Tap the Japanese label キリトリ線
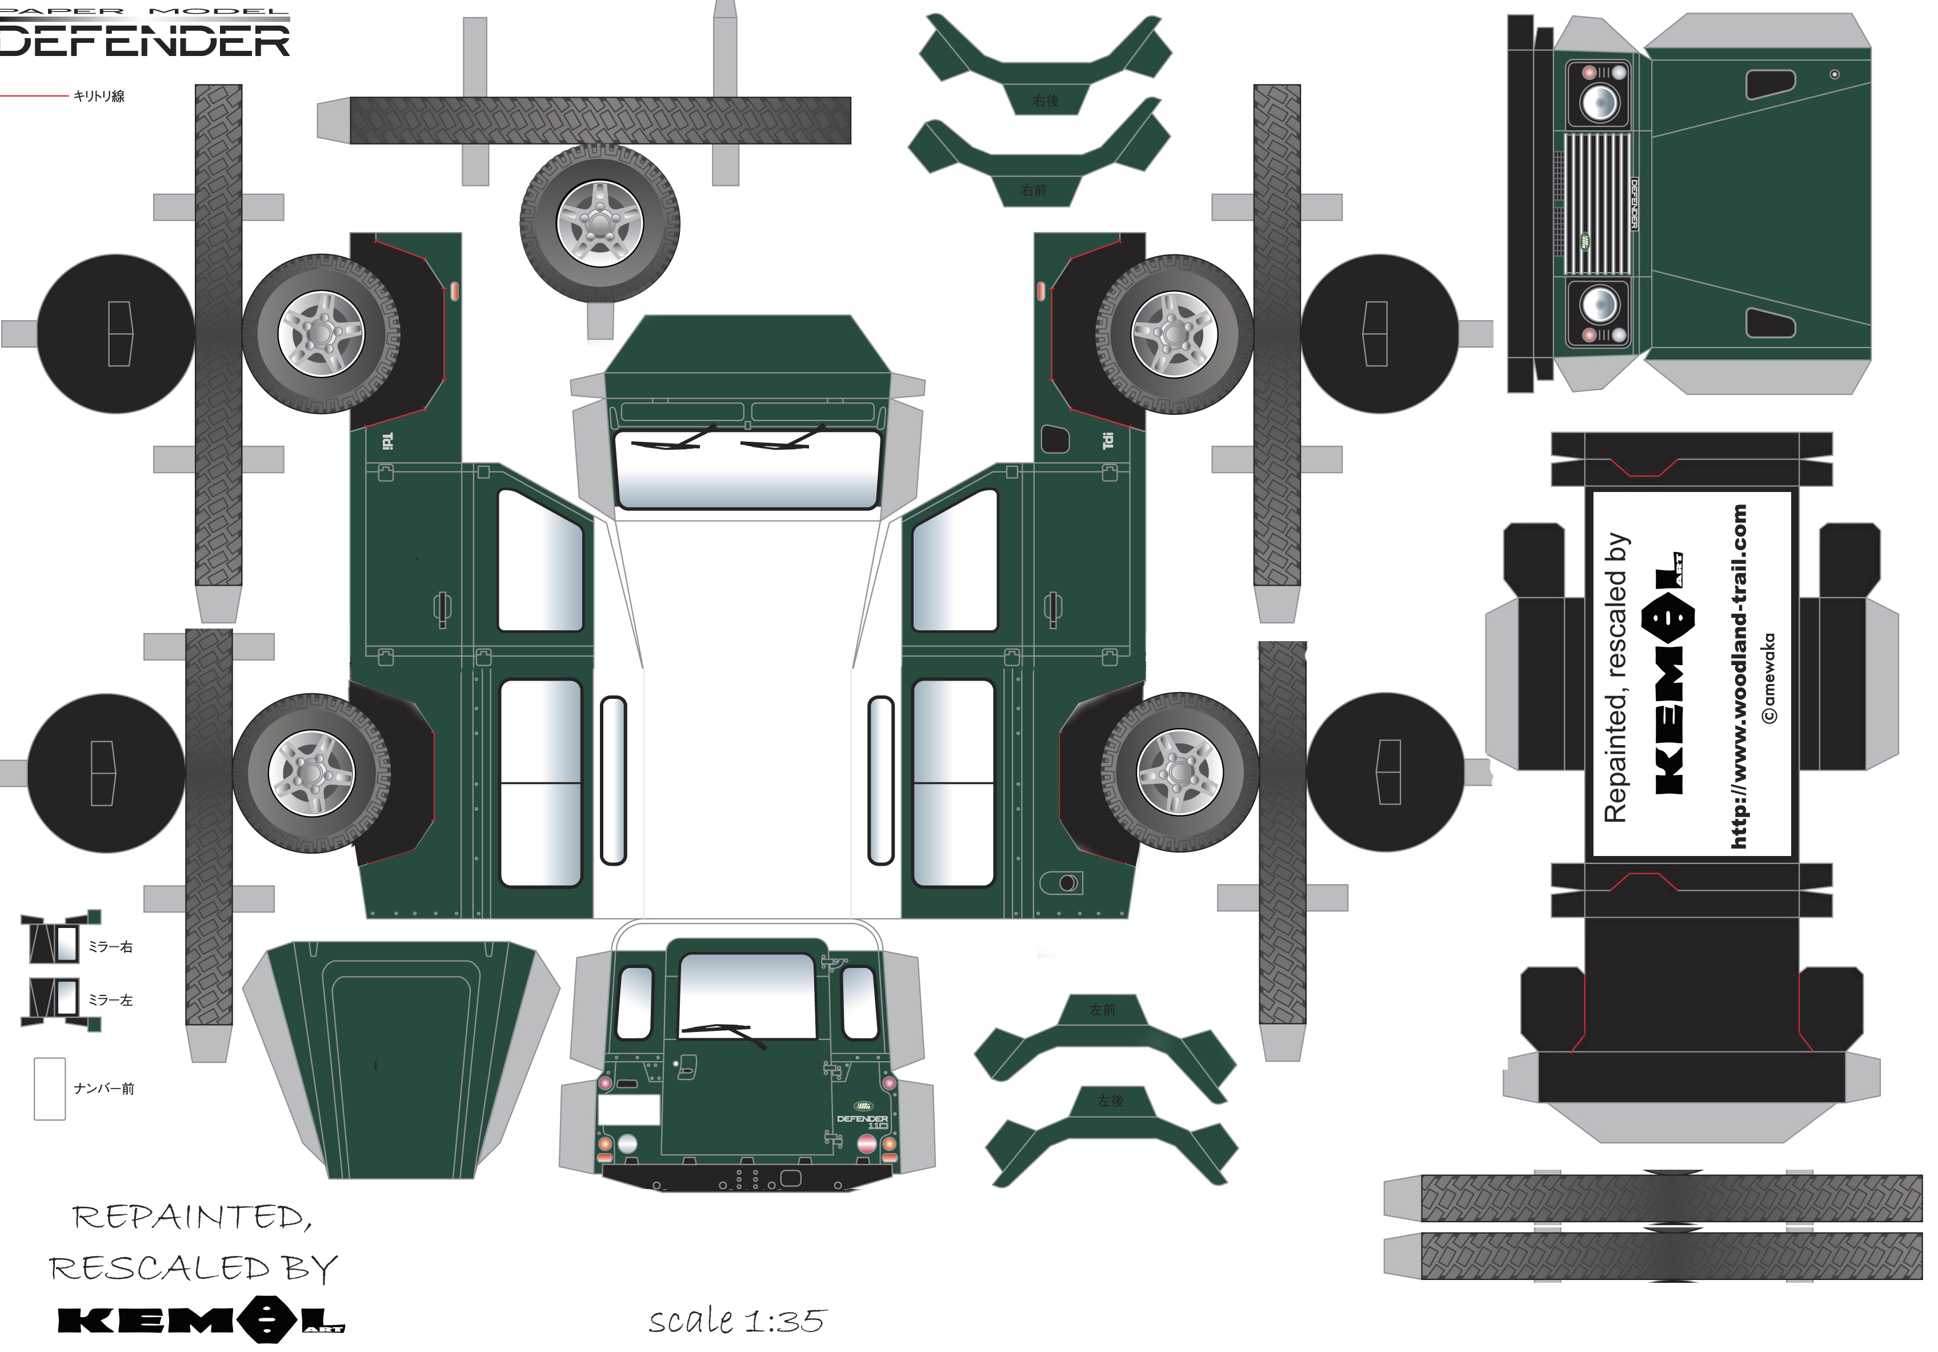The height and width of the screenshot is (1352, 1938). [x=99, y=96]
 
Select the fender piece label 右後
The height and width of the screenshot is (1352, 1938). [x=1045, y=101]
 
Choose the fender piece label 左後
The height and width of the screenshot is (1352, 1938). [x=1110, y=1101]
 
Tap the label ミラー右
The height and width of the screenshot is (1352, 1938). [x=111, y=947]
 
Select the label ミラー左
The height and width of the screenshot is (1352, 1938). [x=111, y=1000]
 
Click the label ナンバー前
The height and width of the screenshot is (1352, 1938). [x=104, y=1089]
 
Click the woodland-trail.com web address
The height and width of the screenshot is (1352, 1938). [x=1739, y=675]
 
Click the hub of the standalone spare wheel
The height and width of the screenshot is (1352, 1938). [x=599, y=223]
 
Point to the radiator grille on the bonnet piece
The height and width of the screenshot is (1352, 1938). [x=1598, y=202]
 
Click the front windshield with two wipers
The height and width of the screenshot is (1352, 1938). [x=748, y=469]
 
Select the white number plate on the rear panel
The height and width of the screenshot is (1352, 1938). [x=629, y=1110]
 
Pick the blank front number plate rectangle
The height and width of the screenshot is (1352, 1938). [x=50, y=1089]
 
